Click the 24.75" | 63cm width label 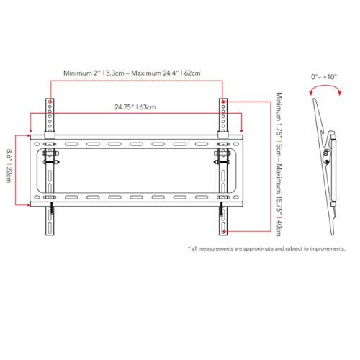pyautogui.click(x=135, y=107)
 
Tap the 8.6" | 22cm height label pyautogui.click(x=9, y=166)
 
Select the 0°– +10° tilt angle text pyautogui.click(x=324, y=77)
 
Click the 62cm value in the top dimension pyautogui.click(x=192, y=73)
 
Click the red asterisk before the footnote pyautogui.click(x=189, y=248)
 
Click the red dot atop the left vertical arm pyautogui.click(x=50, y=102)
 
